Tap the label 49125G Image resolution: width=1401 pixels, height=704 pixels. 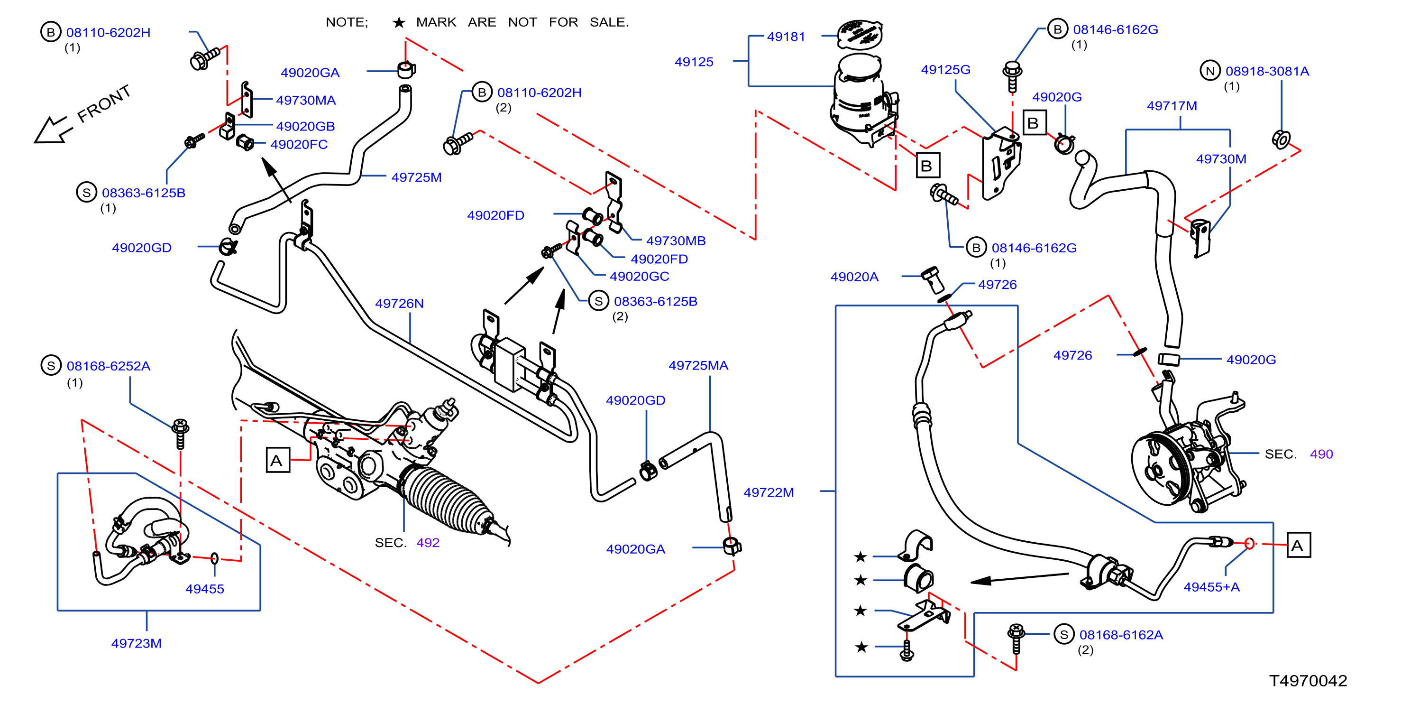(945, 70)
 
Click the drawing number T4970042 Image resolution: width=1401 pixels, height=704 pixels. (1308, 681)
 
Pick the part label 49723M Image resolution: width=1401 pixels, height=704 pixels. (137, 643)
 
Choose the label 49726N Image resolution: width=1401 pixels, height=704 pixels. (399, 303)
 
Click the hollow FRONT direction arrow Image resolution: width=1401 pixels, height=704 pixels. (52, 130)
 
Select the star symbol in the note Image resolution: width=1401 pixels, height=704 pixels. (399, 22)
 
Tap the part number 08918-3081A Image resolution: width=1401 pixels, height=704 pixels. (1267, 71)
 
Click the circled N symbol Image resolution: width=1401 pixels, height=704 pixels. (1210, 71)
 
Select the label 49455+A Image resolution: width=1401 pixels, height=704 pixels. (1212, 587)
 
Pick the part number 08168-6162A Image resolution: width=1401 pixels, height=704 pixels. (1121, 635)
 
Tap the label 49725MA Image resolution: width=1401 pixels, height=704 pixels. (698, 365)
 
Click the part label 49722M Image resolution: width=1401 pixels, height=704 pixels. (769, 492)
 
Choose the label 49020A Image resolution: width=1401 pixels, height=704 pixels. (854, 277)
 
